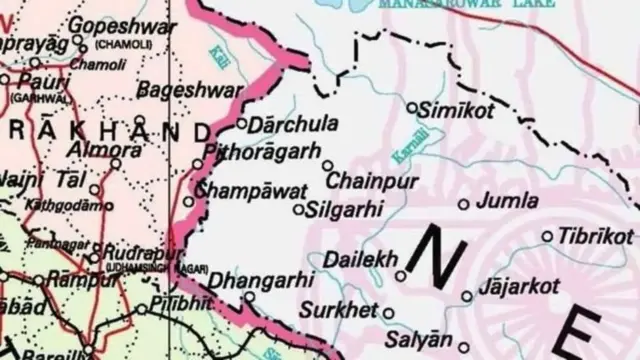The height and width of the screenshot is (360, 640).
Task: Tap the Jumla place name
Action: tap(508, 201)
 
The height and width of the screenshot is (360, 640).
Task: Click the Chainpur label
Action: tap(371, 182)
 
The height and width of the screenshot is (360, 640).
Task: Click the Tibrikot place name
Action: tap(596, 236)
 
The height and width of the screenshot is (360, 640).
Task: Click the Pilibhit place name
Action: tap(183, 305)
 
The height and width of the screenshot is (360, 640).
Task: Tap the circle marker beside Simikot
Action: tap(412, 105)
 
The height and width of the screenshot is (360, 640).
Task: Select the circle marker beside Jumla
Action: tap(463, 204)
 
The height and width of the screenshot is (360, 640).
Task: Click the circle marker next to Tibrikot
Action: tap(547, 237)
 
